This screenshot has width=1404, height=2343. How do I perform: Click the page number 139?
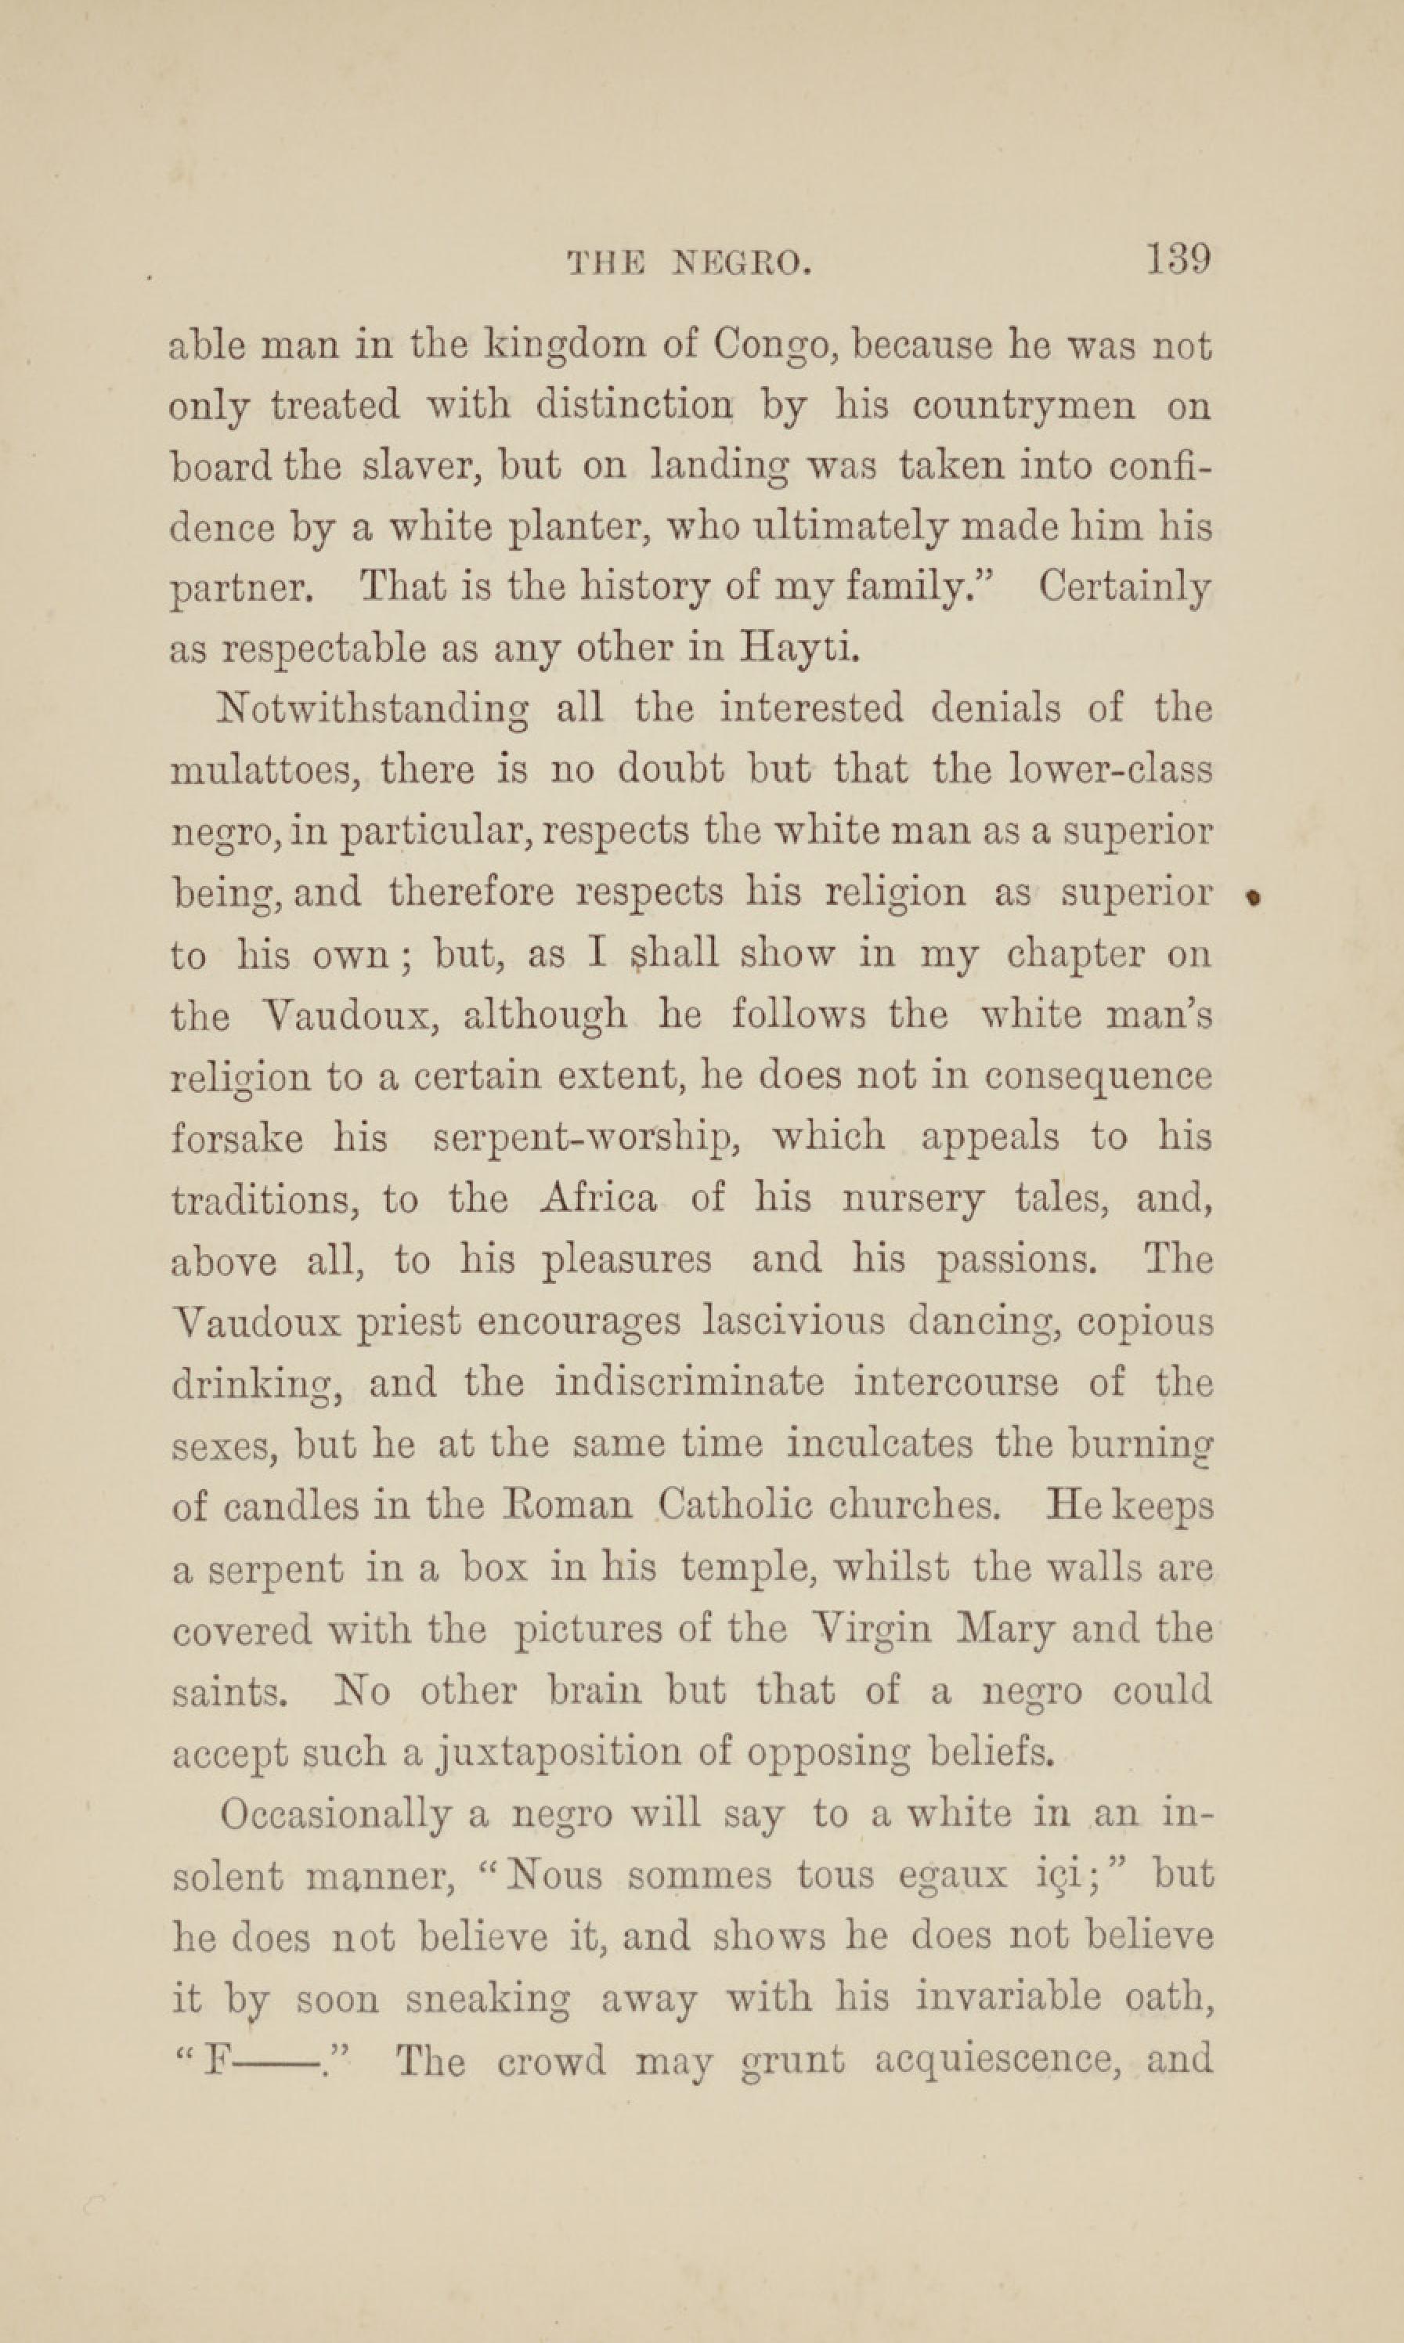pos(1178,259)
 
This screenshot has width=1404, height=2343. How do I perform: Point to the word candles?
pos(291,1506)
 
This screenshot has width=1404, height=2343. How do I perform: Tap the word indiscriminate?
pos(689,1383)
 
